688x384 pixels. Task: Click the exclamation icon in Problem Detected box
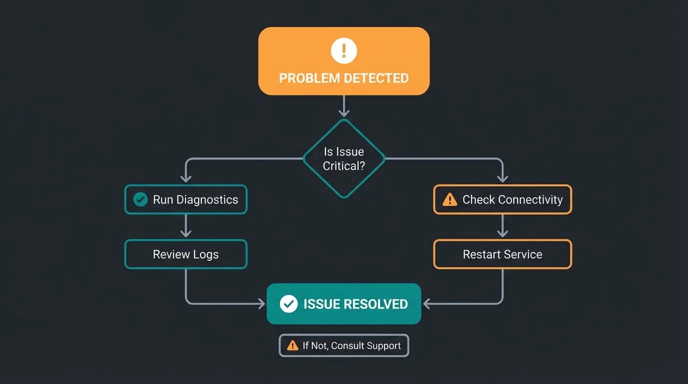(x=344, y=50)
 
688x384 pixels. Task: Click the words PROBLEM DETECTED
(x=344, y=78)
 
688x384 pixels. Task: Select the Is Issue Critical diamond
(x=344, y=158)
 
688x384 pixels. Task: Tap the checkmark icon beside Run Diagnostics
(x=140, y=199)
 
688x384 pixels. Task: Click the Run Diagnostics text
(x=195, y=199)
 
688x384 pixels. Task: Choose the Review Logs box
(x=185, y=254)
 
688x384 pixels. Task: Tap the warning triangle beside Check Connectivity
(x=450, y=200)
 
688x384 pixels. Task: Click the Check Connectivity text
(x=512, y=199)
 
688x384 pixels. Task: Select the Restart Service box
(x=502, y=254)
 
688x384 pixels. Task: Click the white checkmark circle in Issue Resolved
(x=288, y=304)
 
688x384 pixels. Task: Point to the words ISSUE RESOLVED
(x=355, y=304)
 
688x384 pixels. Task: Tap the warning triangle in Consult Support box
(x=292, y=345)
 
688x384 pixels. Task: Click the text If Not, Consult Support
(x=351, y=345)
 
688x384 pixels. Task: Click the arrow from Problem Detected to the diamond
(x=344, y=106)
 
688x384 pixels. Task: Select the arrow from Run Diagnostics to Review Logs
(x=185, y=226)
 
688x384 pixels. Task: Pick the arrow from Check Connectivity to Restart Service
(x=502, y=226)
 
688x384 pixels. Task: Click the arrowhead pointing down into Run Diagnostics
(x=185, y=178)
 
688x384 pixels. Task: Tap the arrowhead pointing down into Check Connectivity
(x=502, y=178)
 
